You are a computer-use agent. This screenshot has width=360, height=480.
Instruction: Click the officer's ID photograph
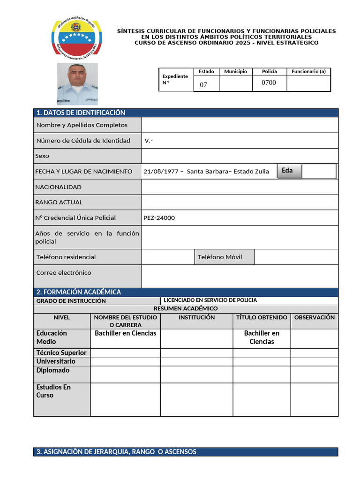tap(77, 83)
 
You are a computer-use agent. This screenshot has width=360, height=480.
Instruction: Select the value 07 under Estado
tap(203, 85)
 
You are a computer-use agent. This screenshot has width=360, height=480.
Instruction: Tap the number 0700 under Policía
tap(269, 83)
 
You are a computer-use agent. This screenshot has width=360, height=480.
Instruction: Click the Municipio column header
tap(235, 72)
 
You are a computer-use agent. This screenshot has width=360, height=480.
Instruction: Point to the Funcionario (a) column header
tap(308, 72)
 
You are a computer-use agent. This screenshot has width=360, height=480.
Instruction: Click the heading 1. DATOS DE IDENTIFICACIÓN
tap(81, 112)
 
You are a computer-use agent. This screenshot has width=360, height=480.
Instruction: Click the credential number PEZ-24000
tap(159, 218)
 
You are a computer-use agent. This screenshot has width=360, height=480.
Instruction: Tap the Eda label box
tap(287, 171)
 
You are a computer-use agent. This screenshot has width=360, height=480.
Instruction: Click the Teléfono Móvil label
tap(220, 257)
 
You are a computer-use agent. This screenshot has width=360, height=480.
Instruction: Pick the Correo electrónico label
tap(64, 273)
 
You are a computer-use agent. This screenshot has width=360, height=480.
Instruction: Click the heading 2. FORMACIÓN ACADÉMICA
tap(79, 292)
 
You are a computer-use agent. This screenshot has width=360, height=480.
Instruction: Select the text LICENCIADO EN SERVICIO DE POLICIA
tap(210, 300)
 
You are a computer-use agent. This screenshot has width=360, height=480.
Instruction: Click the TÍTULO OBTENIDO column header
tap(262, 317)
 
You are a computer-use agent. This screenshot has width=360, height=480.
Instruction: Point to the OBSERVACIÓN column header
tap(314, 317)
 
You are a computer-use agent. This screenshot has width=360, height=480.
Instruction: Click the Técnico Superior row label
tap(61, 352)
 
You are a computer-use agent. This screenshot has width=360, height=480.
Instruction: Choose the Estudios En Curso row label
tap(53, 391)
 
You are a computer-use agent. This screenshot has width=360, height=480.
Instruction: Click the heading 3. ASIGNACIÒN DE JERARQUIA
tap(116, 452)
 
